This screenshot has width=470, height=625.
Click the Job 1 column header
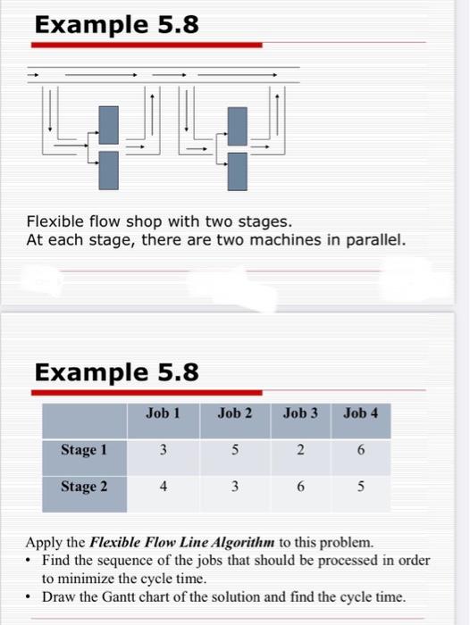(164, 413)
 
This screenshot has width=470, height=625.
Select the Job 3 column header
(300, 413)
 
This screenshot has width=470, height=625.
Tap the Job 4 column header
(360, 413)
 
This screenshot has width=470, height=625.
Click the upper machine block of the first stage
(109, 124)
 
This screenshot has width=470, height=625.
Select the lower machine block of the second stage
(237, 171)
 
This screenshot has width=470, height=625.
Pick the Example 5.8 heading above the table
(116, 371)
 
